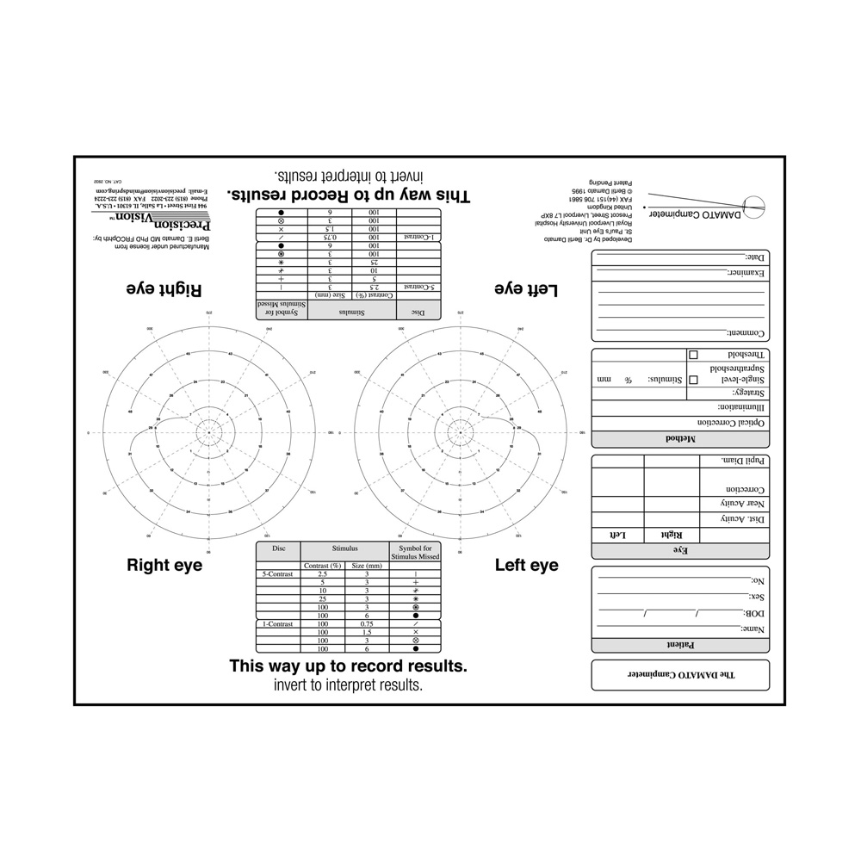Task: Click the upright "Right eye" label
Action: click(164, 566)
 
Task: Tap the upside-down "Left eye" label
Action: click(526, 290)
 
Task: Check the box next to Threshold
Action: click(693, 355)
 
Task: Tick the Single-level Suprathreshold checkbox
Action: click(693, 379)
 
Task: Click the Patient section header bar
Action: click(679, 644)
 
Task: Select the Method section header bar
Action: click(679, 439)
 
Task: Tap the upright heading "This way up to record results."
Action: click(348, 666)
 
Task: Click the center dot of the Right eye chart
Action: click(208, 431)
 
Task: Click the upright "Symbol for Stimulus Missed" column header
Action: click(415, 552)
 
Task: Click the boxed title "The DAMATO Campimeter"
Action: click(679, 675)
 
